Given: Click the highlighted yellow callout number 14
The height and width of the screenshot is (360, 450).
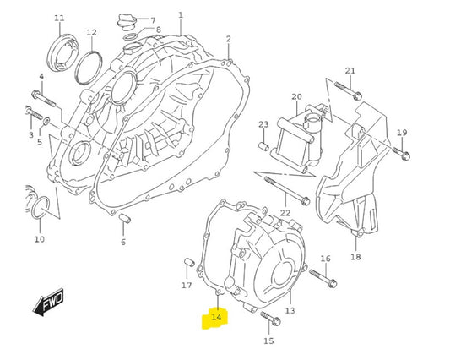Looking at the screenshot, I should click(215, 317).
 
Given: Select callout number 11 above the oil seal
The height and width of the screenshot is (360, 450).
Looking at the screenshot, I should click(59, 19).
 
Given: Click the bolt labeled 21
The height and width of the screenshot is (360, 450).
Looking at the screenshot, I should click(345, 86).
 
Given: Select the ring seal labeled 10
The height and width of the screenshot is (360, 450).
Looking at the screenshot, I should click(41, 210).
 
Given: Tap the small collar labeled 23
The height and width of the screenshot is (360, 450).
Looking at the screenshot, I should click(264, 149).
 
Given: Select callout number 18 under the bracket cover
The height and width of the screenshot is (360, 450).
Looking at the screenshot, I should click(355, 257).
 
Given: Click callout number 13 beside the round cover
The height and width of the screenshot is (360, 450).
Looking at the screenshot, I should click(290, 311).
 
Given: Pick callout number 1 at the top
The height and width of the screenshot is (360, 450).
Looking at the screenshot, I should click(180, 15).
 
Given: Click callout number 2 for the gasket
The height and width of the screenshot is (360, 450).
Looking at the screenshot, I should click(228, 39).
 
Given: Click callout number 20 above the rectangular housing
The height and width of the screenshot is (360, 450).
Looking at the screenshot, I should click(296, 97).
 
